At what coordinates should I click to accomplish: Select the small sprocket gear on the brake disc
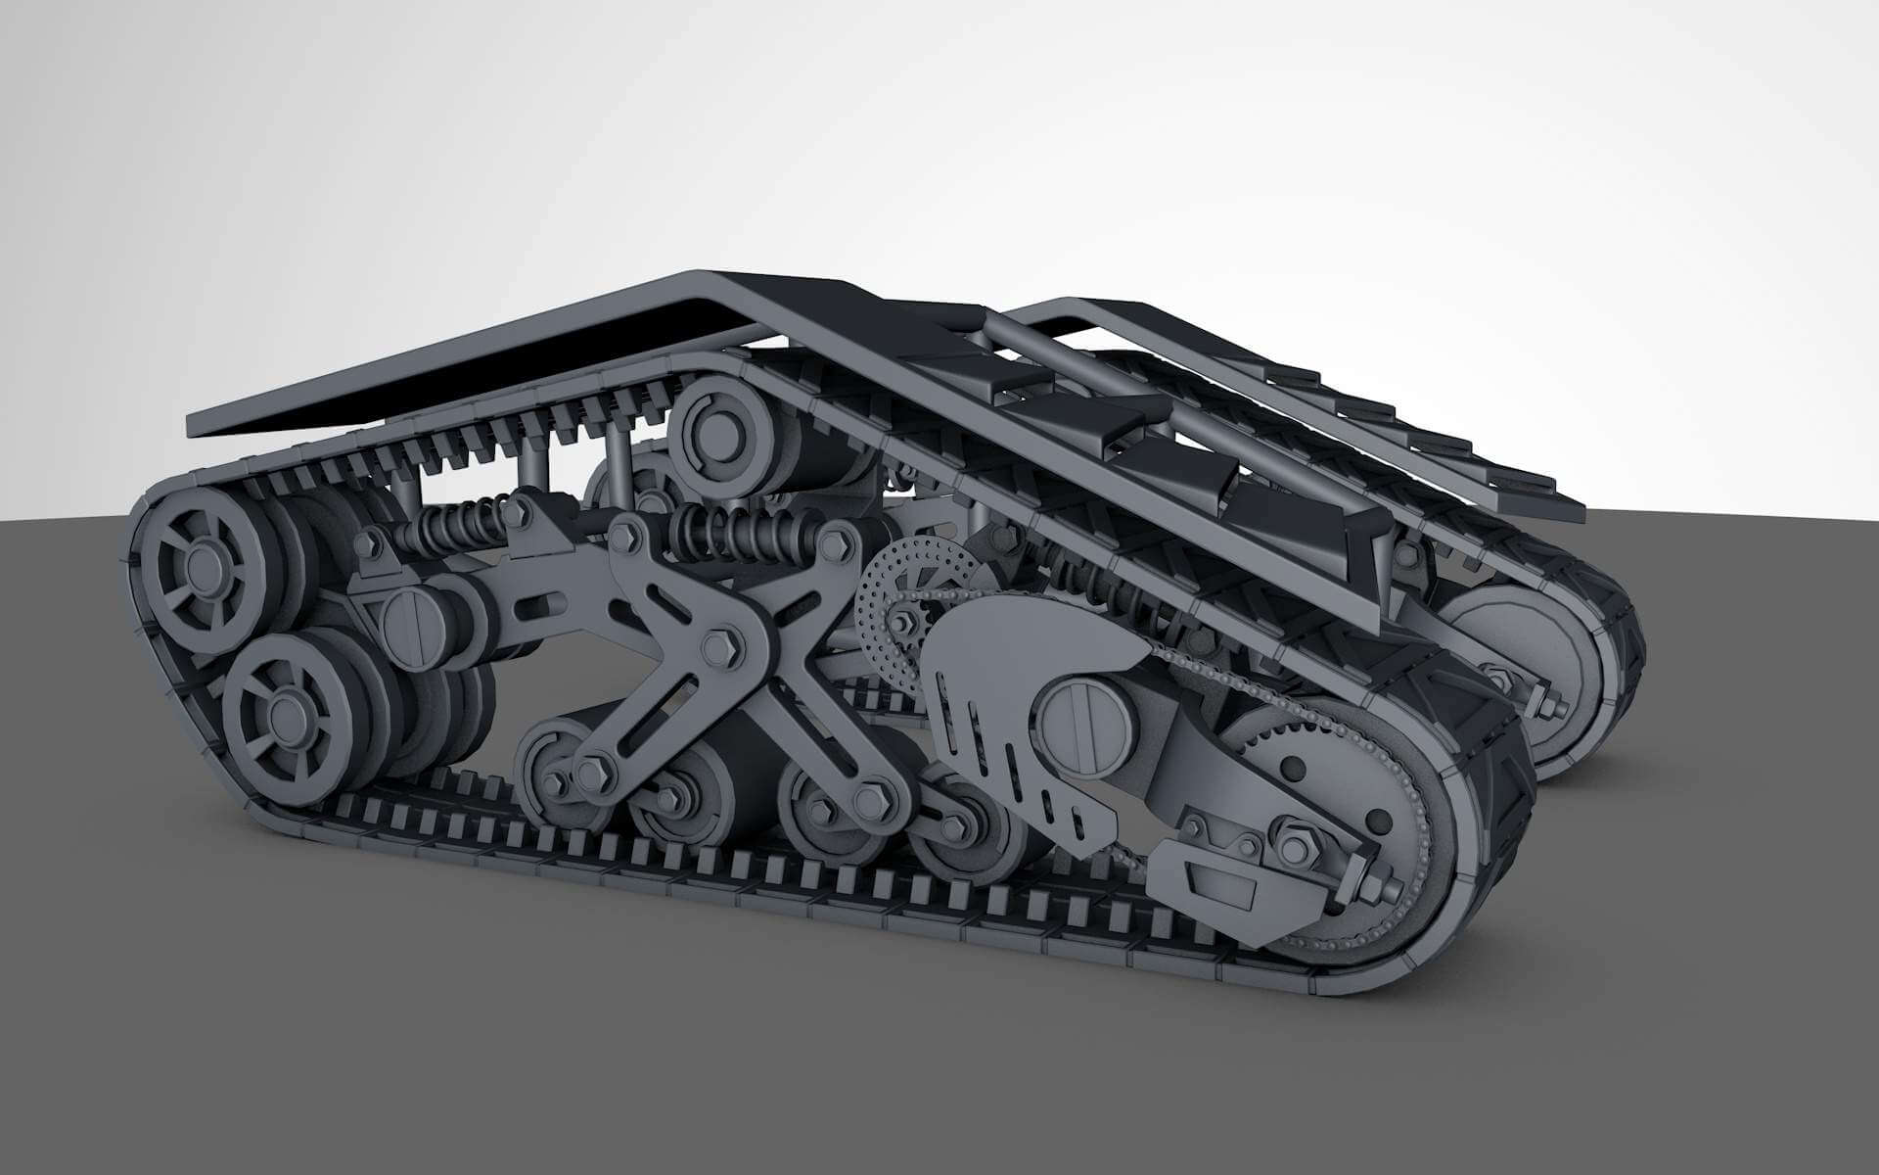point(901,621)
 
